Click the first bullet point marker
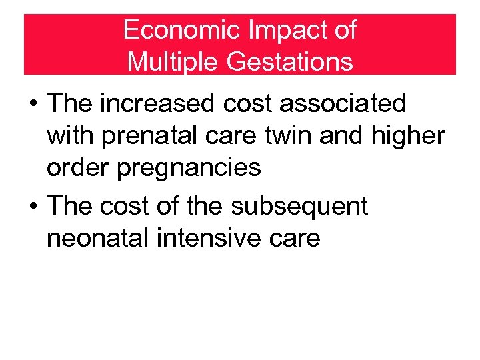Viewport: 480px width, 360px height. pos(32,105)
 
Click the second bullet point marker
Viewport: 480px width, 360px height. pos(32,207)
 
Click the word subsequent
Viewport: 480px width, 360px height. pos(299,207)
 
